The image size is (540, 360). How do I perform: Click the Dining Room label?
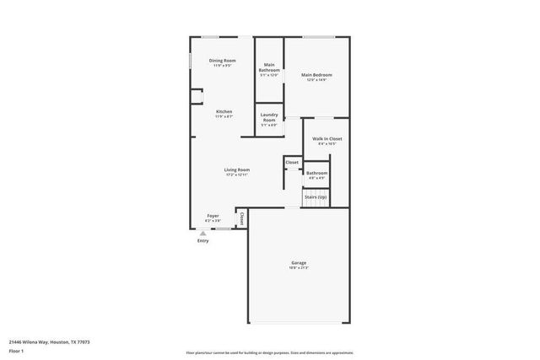coord(223,61)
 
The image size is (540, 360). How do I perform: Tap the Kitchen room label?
coord(224,111)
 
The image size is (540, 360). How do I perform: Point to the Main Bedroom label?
coord(316,75)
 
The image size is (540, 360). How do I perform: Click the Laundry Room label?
coord(269,117)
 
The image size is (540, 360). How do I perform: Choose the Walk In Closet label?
coord(327,138)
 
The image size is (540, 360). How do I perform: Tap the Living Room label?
coord(236,169)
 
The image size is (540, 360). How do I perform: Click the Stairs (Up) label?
coord(316,196)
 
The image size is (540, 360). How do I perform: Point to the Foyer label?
coord(213,216)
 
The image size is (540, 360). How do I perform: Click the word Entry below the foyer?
coord(202,241)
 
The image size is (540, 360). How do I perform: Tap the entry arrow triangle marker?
coord(202,233)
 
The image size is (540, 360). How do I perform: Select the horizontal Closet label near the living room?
coord(292,162)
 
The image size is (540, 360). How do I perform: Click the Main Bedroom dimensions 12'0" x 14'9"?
coord(316,81)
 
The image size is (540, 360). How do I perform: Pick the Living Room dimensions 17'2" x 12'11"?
coord(236,175)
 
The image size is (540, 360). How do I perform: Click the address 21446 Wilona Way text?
coord(50,342)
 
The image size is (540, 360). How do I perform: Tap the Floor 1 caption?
coord(17,351)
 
